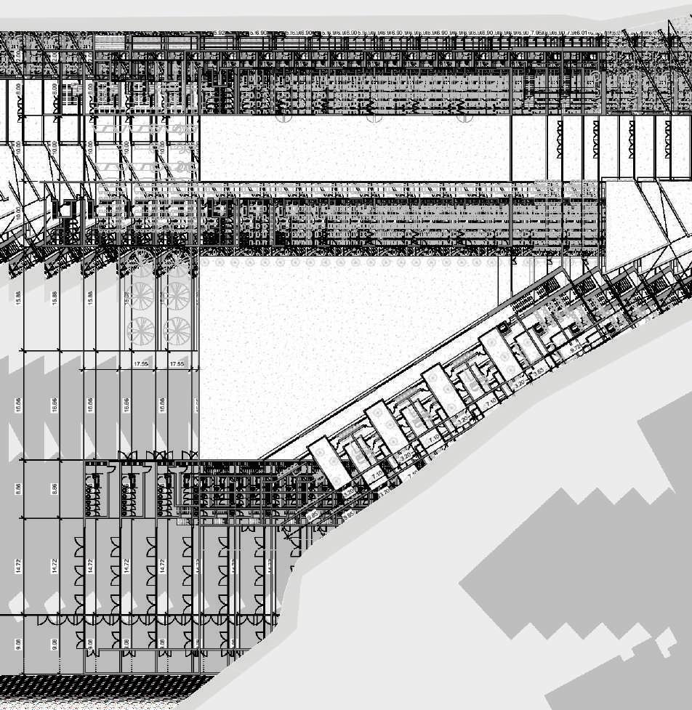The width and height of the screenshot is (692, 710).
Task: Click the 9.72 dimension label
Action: click(575, 350)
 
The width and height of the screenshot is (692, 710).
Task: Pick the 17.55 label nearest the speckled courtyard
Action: click(177, 363)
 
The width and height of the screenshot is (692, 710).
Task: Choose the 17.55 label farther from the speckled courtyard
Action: click(141, 363)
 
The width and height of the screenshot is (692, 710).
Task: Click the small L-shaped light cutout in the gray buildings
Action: click(663, 643)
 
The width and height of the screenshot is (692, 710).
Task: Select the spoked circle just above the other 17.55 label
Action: click(141, 331)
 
